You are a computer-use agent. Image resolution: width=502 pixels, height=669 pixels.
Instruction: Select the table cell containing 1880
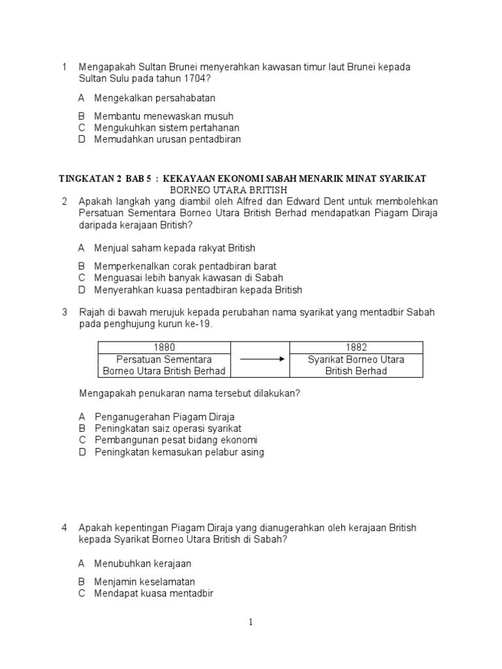pos(164,348)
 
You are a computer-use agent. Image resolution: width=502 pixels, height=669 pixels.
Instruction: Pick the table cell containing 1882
pos(356,348)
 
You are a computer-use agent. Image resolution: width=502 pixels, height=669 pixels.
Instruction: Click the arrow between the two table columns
pos(259,359)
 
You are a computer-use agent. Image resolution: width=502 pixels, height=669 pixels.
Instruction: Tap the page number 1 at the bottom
pos(250,623)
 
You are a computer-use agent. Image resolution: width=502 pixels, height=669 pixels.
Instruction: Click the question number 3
pos(65,312)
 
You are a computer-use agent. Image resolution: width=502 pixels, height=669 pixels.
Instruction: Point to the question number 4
pos(65,527)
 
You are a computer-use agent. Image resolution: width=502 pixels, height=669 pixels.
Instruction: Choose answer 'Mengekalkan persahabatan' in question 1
pos(155,98)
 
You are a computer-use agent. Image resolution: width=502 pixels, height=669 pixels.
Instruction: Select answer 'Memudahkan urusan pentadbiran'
pos(167,139)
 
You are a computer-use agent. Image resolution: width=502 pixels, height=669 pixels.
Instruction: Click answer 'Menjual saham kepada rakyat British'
pos(175,248)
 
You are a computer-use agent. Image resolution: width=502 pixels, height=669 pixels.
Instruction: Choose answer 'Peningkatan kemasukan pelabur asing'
pos(179,452)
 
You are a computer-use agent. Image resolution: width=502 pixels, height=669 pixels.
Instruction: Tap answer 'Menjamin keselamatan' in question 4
pos(144,581)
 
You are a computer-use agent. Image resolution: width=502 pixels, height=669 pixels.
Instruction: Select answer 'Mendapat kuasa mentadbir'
pos(154,593)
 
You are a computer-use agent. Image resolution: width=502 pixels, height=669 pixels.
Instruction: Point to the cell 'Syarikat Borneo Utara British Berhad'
pos(356,365)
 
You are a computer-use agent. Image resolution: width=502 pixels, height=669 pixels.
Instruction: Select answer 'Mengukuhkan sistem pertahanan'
pos(167,127)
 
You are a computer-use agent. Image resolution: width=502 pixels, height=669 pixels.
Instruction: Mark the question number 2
pos(65,201)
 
